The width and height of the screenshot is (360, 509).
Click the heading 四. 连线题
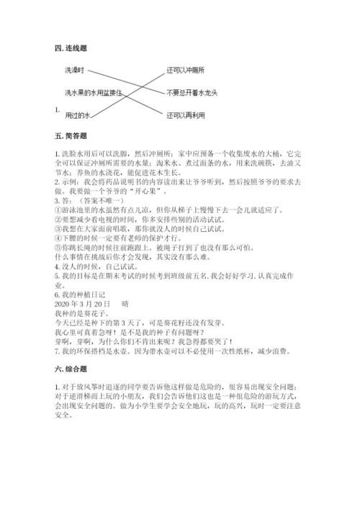click(70, 48)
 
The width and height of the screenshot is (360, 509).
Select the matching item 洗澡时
click(75, 70)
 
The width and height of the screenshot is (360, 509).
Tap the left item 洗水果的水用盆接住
click(93, 92)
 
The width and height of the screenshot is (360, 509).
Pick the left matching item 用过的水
click(77, 114)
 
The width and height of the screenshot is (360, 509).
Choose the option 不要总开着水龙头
click(192, 92)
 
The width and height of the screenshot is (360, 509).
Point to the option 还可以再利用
click(185, 114)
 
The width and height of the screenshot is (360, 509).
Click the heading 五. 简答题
click(70, 135)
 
